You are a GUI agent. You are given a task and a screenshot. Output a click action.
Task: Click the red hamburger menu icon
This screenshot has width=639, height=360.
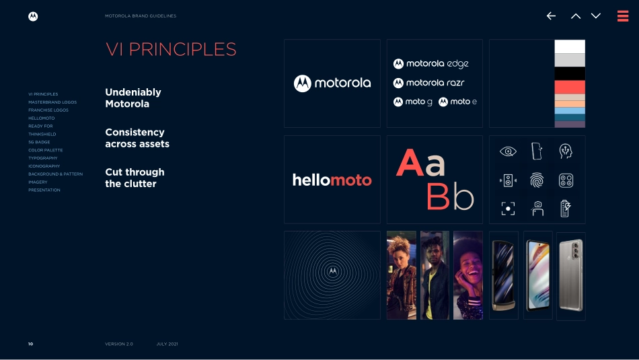point(622,16)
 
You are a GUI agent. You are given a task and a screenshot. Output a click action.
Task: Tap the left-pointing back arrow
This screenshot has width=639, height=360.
point(551,16)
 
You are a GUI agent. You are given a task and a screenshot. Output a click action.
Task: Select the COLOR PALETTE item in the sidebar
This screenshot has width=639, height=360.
point(45,150)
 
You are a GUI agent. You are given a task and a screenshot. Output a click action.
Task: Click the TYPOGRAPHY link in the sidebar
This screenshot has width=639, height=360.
point(43,158)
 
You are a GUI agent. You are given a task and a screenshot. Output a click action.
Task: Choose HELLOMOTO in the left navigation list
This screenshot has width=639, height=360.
point(42,118)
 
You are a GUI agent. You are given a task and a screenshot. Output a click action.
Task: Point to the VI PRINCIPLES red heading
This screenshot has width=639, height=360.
point(171,49)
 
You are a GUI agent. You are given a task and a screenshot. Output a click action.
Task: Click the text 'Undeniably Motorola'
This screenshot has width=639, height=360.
point(133,98)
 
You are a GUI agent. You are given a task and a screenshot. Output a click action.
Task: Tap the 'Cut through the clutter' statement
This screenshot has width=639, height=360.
point(135,178)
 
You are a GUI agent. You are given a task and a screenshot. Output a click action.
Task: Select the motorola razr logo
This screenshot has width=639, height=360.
point(428,83)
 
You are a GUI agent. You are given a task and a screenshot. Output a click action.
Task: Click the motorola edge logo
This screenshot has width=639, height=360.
point(430,64)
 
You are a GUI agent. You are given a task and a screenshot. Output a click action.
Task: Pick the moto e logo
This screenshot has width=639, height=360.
point(457,102)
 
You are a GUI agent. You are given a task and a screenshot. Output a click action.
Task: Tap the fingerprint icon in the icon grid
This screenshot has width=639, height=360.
point(537,180)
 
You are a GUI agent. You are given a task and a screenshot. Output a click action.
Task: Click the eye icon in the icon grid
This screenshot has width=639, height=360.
point(508,151)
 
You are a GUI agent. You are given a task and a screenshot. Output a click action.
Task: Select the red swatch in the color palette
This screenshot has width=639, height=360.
point(570,87)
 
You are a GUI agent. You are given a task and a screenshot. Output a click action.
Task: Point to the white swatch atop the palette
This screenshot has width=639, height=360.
point(570,46)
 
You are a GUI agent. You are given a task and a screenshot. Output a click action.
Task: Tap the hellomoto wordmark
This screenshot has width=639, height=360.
point(332,180)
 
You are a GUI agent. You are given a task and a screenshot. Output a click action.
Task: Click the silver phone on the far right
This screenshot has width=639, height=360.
point(570,275)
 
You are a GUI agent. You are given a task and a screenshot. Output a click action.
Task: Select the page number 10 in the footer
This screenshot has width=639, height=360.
point(30,344)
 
